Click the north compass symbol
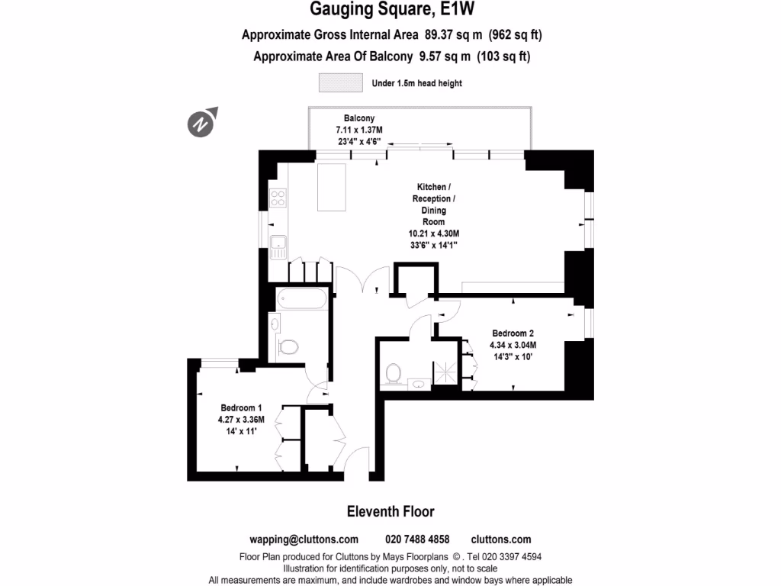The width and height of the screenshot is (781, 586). tap(201, 122)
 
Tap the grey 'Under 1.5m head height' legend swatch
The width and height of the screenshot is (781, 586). tap(340, 82)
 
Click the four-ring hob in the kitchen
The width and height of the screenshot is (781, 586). tap(278, 198)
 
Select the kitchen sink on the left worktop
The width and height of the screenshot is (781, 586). tap(278, 245)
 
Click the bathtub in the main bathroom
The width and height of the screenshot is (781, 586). tap(303, 299)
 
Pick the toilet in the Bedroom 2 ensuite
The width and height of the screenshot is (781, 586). tap(394, 373)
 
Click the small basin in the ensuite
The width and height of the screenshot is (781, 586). tap(418, 383)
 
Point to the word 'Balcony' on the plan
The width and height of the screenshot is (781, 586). tap(358, 118)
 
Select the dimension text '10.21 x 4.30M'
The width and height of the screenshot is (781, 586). tap(435, 233)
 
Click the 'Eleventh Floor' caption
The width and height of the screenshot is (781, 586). tap(390, 511)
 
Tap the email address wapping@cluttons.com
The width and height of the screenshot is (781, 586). tap(304, 539)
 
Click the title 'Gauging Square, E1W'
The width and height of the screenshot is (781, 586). tap(390, 11)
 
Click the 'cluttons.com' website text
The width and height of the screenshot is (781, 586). tap(501, 539)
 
